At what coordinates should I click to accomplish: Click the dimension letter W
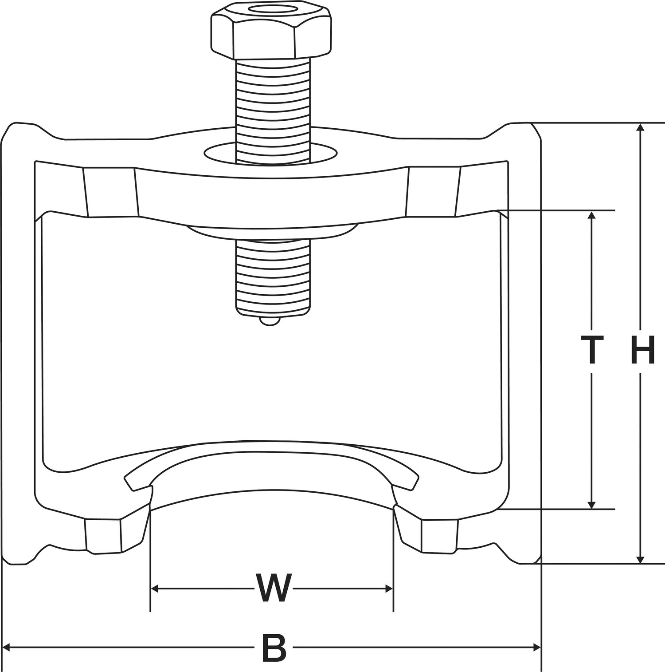(274, 589)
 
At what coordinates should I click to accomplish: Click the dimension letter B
(274, 648)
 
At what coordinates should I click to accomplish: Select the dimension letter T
(592, 350)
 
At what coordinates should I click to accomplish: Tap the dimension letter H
(642, 350)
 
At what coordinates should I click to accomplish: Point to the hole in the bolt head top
(271, 11)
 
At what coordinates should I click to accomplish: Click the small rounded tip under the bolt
(270, 321)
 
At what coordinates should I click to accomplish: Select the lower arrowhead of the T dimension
(591, 504)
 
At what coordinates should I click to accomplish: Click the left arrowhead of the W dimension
(155, 589)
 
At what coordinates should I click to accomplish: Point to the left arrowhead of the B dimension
(7, 648)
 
